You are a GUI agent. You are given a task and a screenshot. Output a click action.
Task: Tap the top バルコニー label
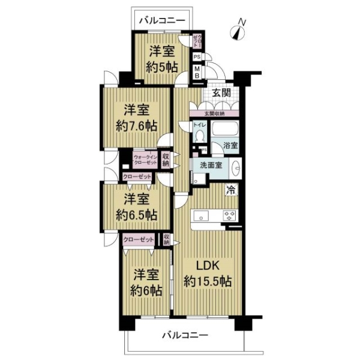[163, 20]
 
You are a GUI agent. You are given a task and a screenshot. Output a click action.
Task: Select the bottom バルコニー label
[184, 335]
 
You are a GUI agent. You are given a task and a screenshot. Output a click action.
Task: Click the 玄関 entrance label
[221, 92]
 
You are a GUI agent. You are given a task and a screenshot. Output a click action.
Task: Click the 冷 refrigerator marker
[230, 191]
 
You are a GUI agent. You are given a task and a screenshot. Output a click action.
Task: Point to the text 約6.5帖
[136, 214]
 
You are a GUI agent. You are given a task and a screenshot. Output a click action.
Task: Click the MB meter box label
[197, 72]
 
